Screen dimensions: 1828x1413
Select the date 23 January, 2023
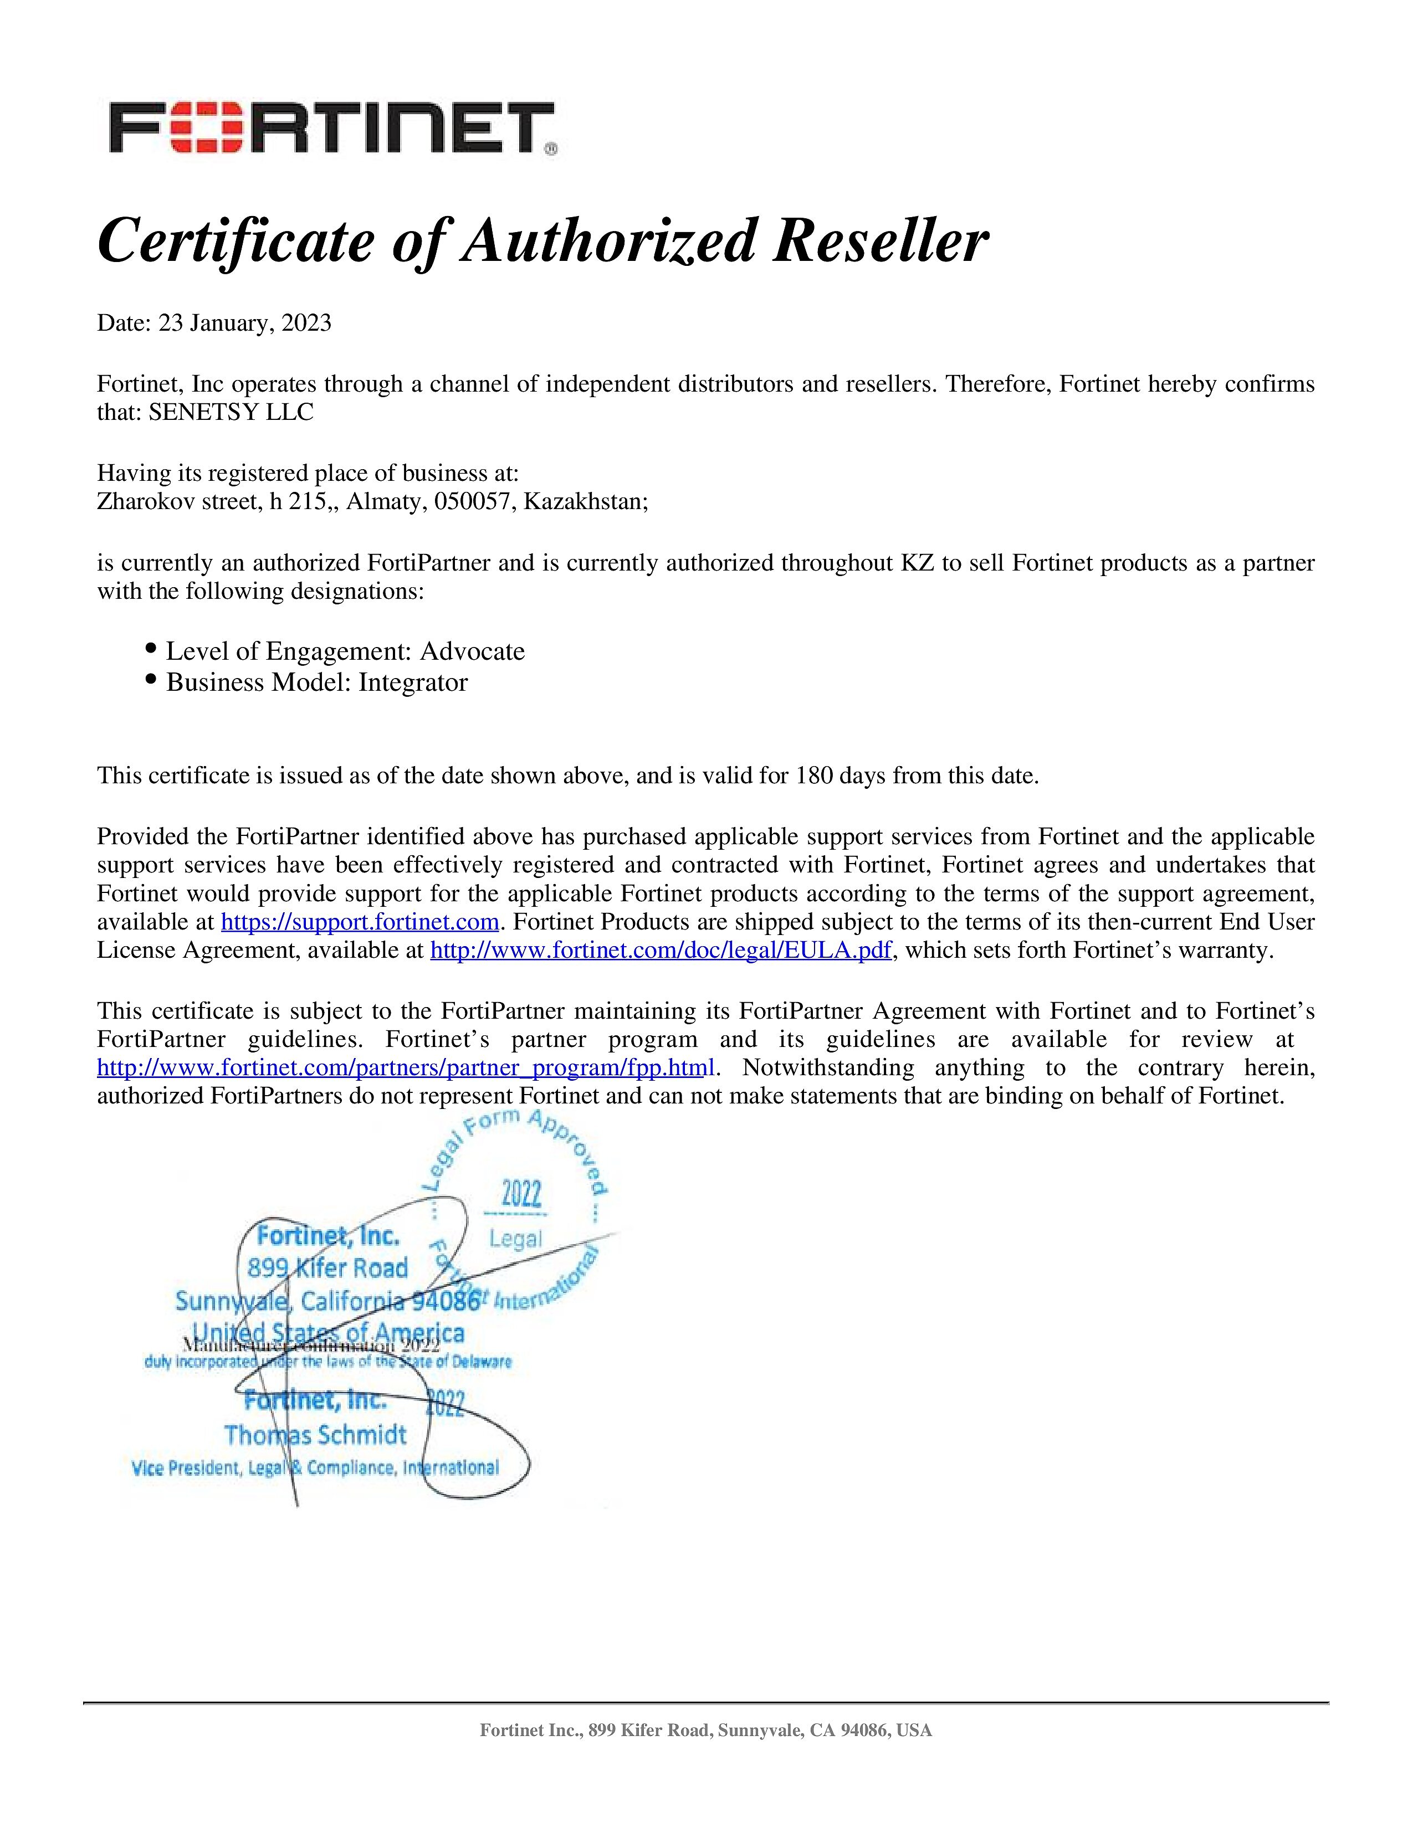[245, 323]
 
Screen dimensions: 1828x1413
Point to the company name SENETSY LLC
[231, 413]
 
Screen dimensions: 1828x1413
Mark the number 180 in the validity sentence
[813, 776]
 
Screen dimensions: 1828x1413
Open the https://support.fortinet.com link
[360, 922]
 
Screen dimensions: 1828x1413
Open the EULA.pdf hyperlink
[659, 951]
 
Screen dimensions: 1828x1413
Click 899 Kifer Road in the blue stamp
[327, 1268]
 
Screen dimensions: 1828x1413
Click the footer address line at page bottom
[705, 1730]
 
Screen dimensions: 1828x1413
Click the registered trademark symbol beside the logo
[551, 151]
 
